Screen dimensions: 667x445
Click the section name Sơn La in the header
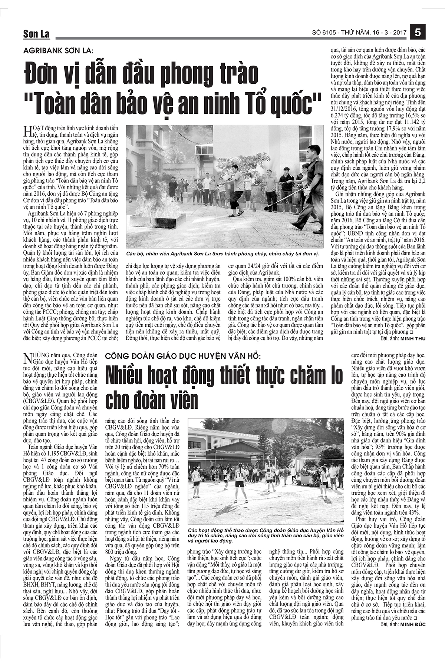click(x=36, y=34)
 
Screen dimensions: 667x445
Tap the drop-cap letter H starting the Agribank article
click(x=27, y=132)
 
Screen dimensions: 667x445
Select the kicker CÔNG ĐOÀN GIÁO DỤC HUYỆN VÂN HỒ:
click(x=183, y=356)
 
